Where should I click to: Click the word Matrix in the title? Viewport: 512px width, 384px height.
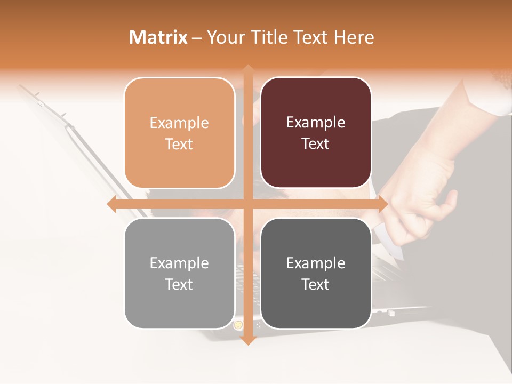coord(158,37)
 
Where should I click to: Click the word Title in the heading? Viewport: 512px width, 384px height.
coord(265,37)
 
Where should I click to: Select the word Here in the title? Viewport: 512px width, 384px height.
coord(354,37)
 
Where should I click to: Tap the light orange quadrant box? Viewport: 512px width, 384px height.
coord(179,133)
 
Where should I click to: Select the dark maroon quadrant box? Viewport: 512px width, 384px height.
coord(316,133)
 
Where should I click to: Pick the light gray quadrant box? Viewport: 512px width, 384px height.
coord(179,273)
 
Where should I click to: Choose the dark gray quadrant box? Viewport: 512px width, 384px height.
coord(316,273)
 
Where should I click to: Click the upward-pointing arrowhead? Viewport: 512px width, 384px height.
coord(248,69)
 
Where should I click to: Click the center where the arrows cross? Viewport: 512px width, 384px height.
coord(248,204)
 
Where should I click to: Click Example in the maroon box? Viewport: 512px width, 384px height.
coord(316,122)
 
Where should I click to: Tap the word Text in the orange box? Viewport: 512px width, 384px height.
coord(179,144)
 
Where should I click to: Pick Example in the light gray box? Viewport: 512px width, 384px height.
coord(179,263)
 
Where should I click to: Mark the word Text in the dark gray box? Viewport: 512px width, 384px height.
coord(316,284)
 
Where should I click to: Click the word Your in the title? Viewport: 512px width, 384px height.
coord(223,37)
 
